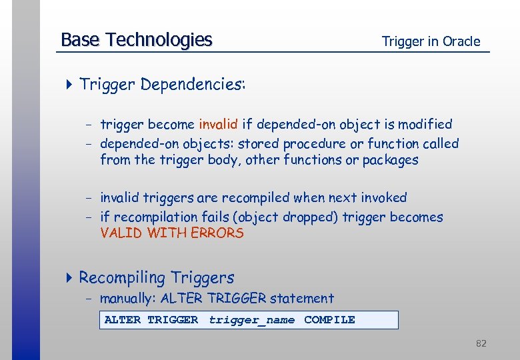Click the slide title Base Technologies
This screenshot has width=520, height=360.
click(136, 40)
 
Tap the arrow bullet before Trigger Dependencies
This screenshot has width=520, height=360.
click(70, 85)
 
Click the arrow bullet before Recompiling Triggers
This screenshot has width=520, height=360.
click(70, 277)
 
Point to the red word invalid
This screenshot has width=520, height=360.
click(218, 124)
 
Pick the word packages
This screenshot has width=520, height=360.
click(390, 160)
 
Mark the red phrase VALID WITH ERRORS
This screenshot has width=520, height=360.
click(172, 233)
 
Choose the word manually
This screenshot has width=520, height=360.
click(128, 299)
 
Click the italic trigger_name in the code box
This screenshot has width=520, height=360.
click(251, 320)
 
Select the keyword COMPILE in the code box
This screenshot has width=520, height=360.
click(329, 320)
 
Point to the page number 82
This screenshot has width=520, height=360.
click(481, 343)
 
